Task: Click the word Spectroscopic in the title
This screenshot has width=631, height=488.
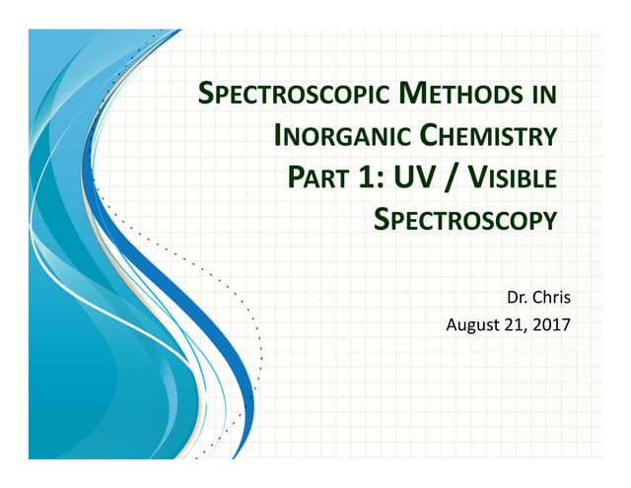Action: (x=272, y=97)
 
